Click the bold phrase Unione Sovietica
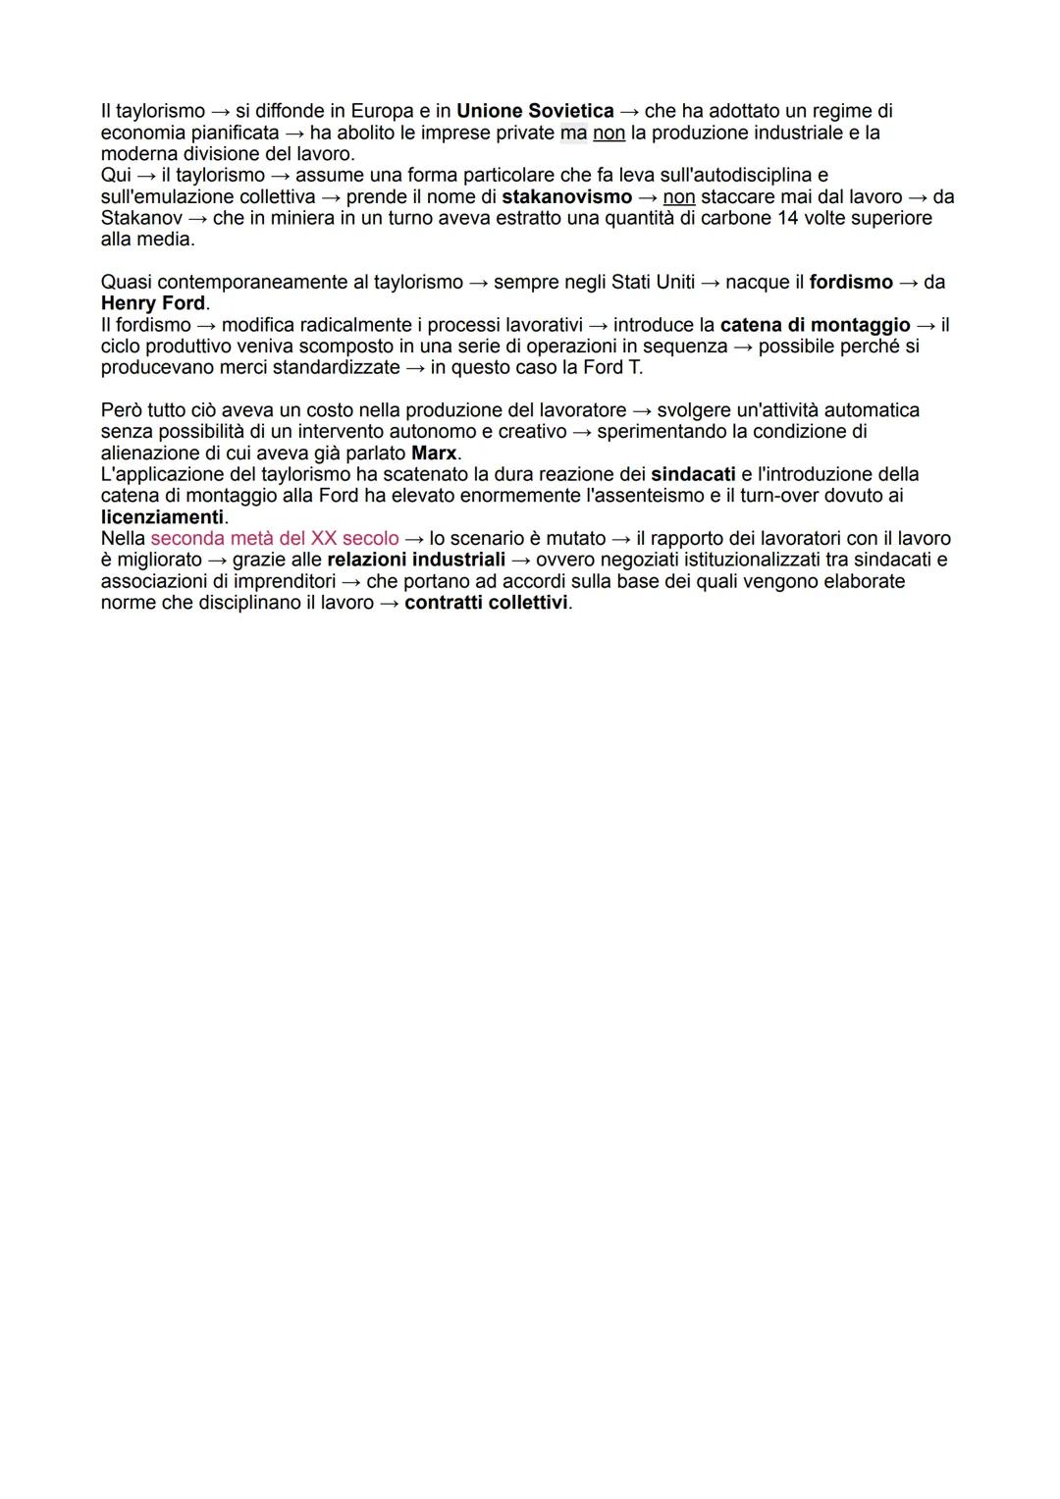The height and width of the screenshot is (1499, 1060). (535, 111)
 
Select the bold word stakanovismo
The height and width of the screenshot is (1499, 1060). (566, 197)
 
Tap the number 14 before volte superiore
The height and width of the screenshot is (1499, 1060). (787, 218)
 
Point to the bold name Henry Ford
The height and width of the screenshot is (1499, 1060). (153, 303)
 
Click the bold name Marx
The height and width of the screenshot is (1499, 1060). (434, 454)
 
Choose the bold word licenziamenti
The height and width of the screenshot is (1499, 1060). (162, 517)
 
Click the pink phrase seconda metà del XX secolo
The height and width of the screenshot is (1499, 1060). (275, 539)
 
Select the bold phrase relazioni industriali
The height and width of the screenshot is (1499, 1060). (416, 560)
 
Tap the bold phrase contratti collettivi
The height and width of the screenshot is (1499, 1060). (486, 603)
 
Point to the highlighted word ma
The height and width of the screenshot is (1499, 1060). (573, 133)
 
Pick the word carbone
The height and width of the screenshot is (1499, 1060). (735, 218)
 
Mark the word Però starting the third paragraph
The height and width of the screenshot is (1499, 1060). (121, 410)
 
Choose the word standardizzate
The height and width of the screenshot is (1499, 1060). (336, 368)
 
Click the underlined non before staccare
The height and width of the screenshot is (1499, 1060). (679, 197)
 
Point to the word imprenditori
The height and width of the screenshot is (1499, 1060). (285, 581)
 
